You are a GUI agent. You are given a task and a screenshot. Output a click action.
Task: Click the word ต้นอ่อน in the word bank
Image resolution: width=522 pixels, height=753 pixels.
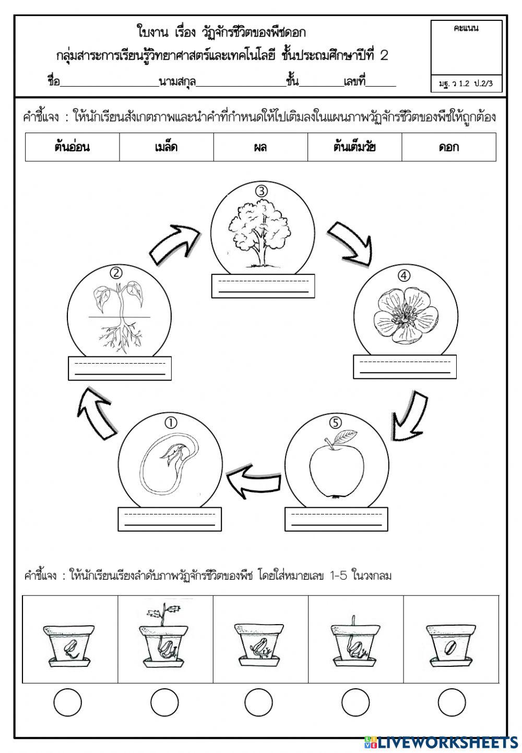[x=72, y=147]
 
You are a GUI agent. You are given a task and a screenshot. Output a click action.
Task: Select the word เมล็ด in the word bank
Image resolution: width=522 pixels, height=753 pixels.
[x=166, y=147]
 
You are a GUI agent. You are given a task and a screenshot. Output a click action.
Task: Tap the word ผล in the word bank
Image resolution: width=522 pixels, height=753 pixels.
[x=260, y=147]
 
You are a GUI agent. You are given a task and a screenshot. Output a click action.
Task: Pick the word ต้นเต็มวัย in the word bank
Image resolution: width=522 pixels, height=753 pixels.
[x=354, y=147]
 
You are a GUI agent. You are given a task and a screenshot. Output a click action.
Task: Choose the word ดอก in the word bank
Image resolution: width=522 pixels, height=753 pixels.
[x=449, y=147]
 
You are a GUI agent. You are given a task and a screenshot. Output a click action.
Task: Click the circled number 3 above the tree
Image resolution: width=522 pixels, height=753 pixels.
[x=262, y=192]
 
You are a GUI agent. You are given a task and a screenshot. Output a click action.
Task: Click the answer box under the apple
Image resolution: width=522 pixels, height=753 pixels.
[x=336, y=519]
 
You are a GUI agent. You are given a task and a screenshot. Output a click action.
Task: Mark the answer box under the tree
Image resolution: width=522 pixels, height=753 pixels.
[x=263, y=286]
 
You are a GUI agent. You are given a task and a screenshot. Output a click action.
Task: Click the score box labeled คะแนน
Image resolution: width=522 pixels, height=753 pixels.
[x=466, y=56]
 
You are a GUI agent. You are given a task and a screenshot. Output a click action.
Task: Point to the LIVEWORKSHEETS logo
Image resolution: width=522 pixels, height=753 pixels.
[x=441, y=742]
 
